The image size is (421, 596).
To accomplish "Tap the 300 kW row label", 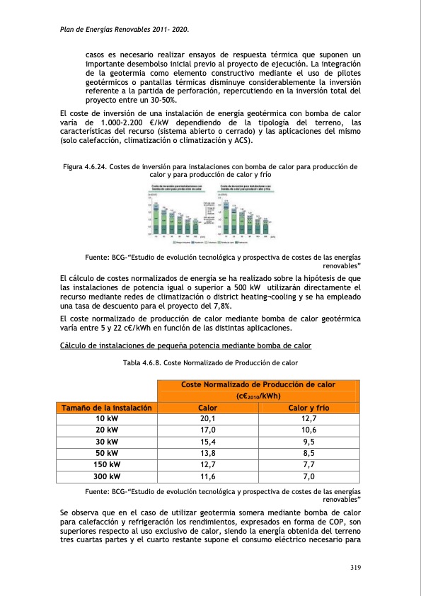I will pos(107,476).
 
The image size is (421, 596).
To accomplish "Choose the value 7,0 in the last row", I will pos(308,476).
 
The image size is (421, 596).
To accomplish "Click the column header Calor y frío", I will pos(308,408).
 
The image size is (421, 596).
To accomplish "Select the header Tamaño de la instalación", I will pos(107,408).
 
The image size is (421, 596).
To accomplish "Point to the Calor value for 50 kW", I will pos(208,454).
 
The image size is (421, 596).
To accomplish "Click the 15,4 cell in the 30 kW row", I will pos(208,442).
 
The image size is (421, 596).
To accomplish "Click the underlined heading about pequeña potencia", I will pos(185,345).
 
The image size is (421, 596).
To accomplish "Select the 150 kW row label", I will pos(107,465).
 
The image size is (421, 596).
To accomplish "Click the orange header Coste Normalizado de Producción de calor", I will pos(258,384).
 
